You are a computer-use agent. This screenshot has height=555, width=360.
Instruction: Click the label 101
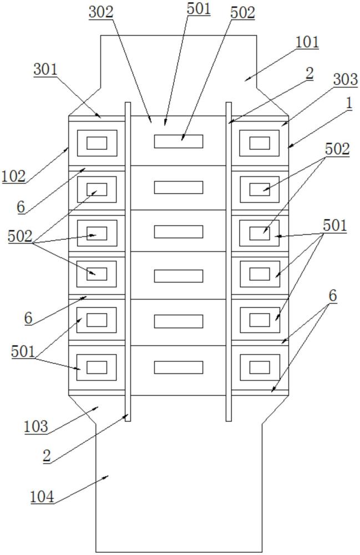[307, 42]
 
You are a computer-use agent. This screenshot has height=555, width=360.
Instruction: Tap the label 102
[13, 176]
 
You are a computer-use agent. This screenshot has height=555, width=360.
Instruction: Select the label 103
[36, 427]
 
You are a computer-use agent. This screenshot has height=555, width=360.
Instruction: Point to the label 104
[42, 497]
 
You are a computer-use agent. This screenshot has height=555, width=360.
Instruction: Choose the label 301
[45, 69]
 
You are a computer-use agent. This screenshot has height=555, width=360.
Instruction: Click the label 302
[101, 12]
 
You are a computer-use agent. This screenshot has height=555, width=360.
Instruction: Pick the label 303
[346, 79]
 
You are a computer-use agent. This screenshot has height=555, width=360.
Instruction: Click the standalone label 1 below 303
[349, 104]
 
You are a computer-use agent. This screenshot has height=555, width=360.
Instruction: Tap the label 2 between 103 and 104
[47, 456]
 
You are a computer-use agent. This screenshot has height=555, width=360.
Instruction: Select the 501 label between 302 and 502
[199, 9]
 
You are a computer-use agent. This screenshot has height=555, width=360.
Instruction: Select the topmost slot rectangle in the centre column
[179, 141]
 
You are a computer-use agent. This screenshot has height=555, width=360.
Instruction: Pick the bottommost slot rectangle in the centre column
[179, 367]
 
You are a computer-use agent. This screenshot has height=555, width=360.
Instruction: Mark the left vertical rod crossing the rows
[128, 261]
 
